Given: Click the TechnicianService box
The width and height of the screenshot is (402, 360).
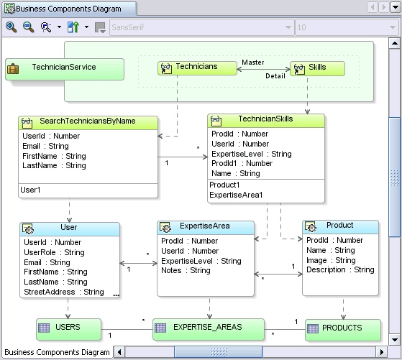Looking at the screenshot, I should [63, 68].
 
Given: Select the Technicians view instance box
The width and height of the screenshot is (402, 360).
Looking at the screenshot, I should [197, 68].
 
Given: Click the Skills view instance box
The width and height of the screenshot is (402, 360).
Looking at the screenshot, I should [316, 68].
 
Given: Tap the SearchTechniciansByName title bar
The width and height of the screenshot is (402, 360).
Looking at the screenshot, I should [88, 121].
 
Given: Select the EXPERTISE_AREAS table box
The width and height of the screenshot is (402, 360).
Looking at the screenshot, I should [206, 328].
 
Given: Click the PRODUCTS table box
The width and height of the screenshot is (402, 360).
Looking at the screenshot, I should [342, 329].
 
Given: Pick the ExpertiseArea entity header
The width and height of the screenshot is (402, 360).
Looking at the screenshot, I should [205, 226].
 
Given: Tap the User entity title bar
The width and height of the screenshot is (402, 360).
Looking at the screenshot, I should [69, 228].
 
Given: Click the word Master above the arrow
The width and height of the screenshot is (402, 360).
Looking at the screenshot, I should [252, 62].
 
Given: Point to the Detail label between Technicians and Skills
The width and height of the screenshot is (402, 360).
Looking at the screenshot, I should [255, 75].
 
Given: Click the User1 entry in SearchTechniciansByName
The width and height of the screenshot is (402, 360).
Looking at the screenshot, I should [31, 190].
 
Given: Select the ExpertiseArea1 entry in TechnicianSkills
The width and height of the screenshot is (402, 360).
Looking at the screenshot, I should [236, 195].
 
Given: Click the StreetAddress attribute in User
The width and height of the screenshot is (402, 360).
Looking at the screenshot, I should [63, 292].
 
